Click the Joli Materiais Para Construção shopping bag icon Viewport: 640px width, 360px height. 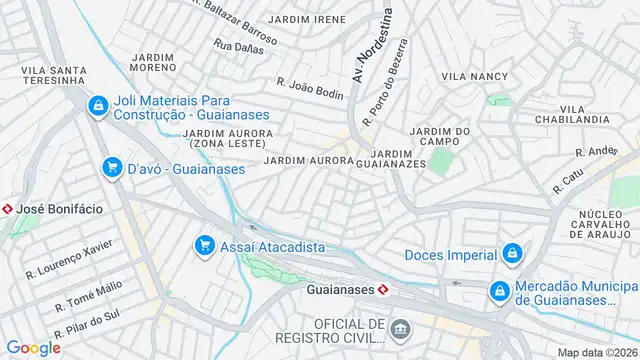[x=97, y=105]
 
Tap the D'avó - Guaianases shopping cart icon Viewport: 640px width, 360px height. [x=112, y=168]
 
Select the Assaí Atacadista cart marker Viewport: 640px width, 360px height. [x=204, y=245]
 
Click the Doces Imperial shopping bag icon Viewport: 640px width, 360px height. [x=511, y=254]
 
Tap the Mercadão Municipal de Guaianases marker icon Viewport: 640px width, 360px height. [x=498, y=290]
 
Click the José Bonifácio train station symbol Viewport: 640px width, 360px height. [x=8, y=208]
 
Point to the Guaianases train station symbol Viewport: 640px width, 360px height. [x=384, y=289]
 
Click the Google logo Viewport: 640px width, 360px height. [x=33, y=347]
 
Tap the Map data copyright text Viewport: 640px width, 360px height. [x=598, y=352]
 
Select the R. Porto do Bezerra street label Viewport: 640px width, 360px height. [x=386, y=82]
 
